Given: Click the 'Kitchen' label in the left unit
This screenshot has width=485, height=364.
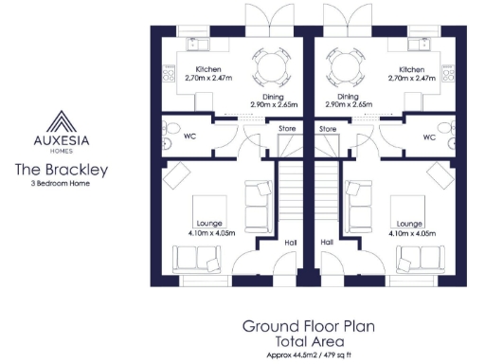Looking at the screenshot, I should [209, 70].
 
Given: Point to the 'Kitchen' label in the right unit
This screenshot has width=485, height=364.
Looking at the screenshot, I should [411, 70].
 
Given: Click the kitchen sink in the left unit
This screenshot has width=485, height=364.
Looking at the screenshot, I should [198, 43].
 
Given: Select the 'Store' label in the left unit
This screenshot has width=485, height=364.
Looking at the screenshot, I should [286, 128].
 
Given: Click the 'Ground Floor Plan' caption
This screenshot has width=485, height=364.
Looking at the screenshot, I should [308, 326].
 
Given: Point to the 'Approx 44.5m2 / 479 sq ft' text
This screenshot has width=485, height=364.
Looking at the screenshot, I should [308, 355].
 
